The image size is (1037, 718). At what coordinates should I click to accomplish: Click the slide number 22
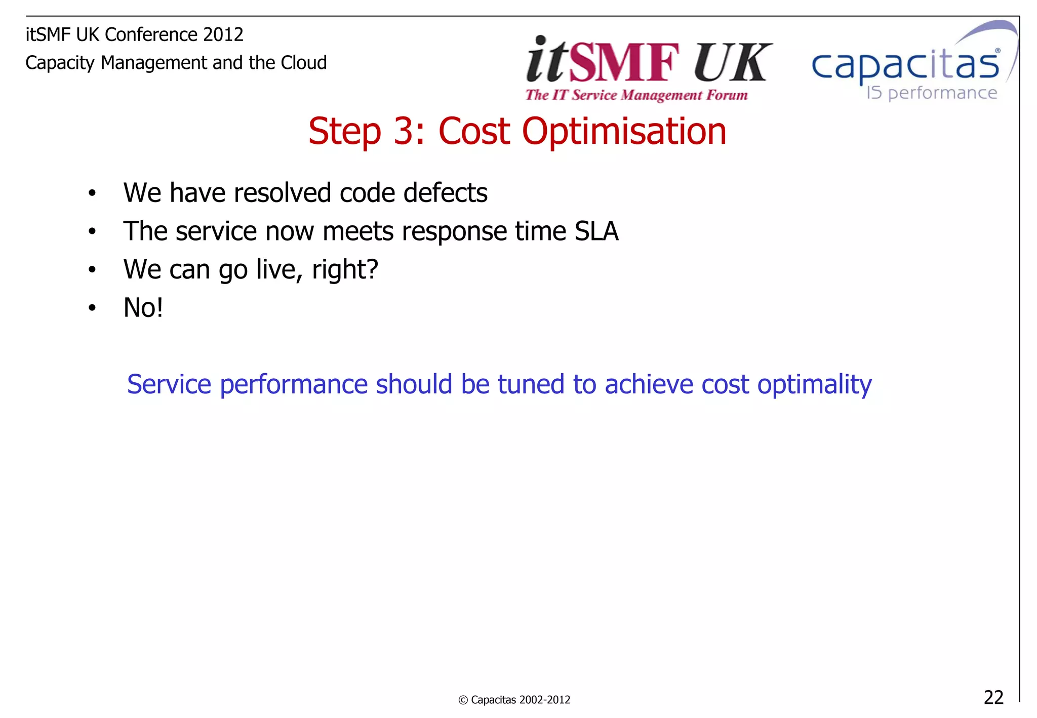[x=993, y=697]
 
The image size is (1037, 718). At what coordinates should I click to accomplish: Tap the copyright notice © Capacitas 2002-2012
[x=514, y=700]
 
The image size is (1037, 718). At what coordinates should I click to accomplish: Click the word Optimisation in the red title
[x=624, y=131]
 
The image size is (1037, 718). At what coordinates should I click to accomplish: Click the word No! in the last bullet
[x=143, y=308]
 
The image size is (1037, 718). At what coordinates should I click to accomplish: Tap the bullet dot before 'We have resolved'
[x=92, y=193]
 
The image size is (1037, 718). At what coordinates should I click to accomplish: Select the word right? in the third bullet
[x=345, y=269]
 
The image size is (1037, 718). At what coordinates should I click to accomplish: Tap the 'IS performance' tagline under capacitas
[x=931, y=93]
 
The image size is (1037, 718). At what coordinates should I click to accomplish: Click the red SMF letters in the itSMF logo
[x=623, y=62]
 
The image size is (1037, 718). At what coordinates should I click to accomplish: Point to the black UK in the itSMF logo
[x=732, y=62]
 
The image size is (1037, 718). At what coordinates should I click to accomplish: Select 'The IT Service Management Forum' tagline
[x=636, y=95]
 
